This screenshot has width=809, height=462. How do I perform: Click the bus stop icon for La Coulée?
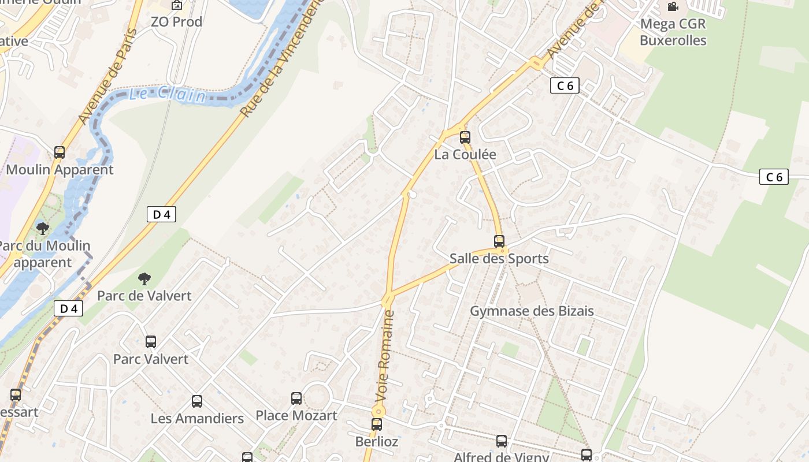pos(465,137)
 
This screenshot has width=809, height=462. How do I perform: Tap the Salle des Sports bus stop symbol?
pos(499,241)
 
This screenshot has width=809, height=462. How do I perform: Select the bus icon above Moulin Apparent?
pos(60,152)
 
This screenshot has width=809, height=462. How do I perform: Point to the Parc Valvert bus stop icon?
pos(151,341)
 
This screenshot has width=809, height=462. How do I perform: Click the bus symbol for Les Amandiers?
pos(197,401)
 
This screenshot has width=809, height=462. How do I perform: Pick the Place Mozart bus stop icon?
pos(296,398)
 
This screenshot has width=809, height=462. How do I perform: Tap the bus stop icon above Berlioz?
pos(377,424)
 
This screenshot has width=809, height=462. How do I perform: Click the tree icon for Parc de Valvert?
pos(144,279)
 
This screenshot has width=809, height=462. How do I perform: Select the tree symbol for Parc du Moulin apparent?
pos(43,228)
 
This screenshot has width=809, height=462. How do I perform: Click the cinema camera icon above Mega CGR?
pos(673,7)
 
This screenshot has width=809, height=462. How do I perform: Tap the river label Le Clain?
pos(167,94)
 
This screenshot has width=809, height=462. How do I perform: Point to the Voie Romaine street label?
pos(385,356)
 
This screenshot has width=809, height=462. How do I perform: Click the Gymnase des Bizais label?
pos(532,311)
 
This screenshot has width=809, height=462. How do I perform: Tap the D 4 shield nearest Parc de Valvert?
pos(69,308)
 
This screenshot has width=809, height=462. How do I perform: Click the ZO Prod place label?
pos(176,22)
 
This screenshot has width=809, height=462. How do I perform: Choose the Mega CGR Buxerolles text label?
pos(673,32)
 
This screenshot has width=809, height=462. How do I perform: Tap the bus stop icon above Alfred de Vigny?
pos(502,441)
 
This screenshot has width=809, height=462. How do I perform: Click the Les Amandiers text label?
pos(197,418)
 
